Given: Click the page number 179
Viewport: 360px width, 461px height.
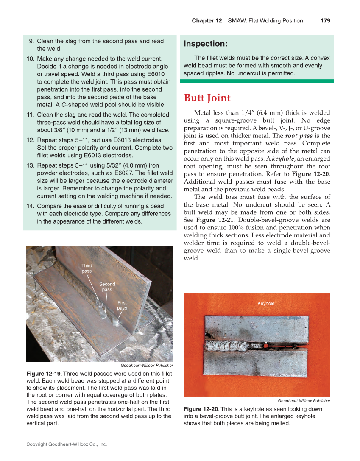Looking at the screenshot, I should (325, 20).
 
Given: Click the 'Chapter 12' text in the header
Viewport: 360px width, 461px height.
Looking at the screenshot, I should (207, 20).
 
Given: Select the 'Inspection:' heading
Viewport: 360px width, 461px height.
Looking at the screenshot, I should (205, 44).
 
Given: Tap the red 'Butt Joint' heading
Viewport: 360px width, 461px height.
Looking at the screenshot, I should (207, 98).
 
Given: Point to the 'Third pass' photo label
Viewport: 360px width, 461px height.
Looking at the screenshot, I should (87, 268).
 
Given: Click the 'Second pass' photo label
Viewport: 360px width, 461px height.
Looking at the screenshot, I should (107, 287).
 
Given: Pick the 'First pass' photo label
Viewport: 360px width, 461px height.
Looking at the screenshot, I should (122, 305).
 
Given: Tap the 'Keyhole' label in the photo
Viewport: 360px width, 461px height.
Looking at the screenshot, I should (266, 303).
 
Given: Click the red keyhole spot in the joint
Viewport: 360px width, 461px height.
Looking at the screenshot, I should (266, 346).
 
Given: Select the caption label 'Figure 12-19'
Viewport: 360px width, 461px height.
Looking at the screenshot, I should (43, 374).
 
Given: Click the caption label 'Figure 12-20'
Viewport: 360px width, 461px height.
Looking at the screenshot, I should (201, 409).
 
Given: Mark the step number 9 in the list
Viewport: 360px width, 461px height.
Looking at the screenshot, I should (31, 41).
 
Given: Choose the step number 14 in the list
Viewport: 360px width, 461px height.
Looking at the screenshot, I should (30, 206).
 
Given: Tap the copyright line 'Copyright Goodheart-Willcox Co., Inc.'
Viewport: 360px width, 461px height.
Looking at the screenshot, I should (67, 444).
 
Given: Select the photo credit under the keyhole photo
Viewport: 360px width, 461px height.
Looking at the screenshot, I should (304, 401).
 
